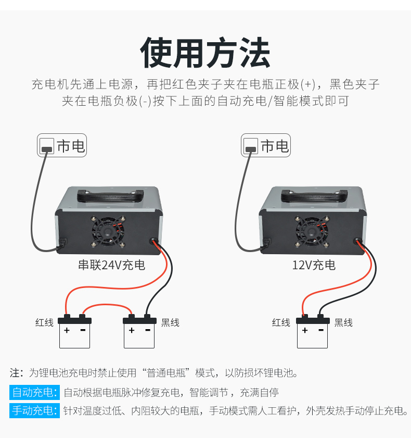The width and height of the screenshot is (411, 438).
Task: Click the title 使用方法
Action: pos(205,53)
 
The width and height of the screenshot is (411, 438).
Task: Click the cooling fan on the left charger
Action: pos(108,231)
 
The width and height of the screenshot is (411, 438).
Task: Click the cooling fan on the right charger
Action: pos(312,231)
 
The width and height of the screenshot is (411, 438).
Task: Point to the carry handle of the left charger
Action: pos(110,196)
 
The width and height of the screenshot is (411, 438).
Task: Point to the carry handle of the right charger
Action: pos(314,196)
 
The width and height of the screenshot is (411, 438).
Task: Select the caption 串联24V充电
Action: pos(112,265)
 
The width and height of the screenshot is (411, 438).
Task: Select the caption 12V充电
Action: pos(314,265)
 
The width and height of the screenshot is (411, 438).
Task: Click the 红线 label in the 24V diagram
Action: pos(44,322)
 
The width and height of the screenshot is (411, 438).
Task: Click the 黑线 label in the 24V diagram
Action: pos(170,322)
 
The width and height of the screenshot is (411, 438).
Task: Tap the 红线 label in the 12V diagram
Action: pos(281,322)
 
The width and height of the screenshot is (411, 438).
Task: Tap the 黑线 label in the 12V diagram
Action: pos(343,322)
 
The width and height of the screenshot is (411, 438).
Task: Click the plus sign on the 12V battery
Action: pos(305,331)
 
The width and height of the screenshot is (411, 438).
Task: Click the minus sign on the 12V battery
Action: pos(321,330)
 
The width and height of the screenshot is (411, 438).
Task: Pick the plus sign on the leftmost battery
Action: pos(67,331)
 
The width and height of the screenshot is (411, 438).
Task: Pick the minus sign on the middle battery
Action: pos(148,330)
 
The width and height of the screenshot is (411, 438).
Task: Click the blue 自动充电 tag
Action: pos(35,392)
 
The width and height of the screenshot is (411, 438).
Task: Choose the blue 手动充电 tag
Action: pos(35,410)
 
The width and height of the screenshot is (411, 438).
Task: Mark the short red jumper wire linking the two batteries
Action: pos(107,305)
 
